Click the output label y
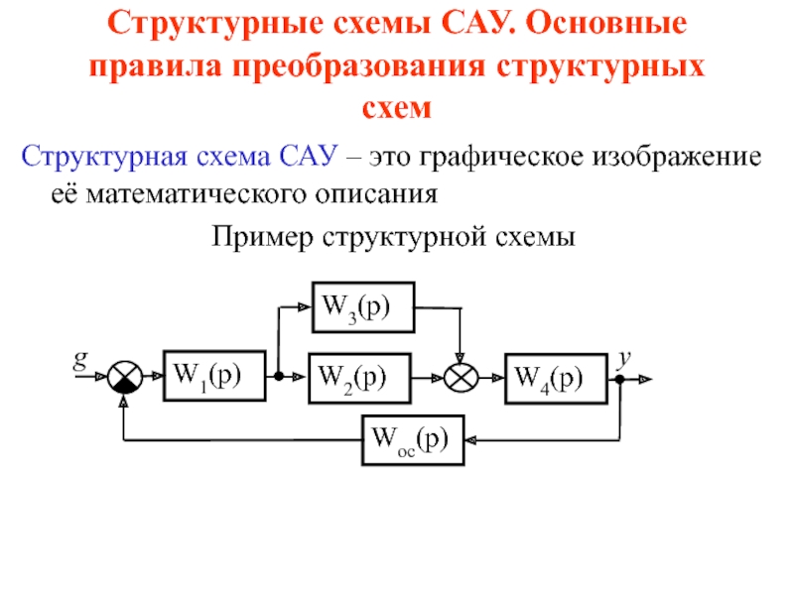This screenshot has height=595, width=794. pos(625,357)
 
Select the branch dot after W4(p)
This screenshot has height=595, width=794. pos(620,378)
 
